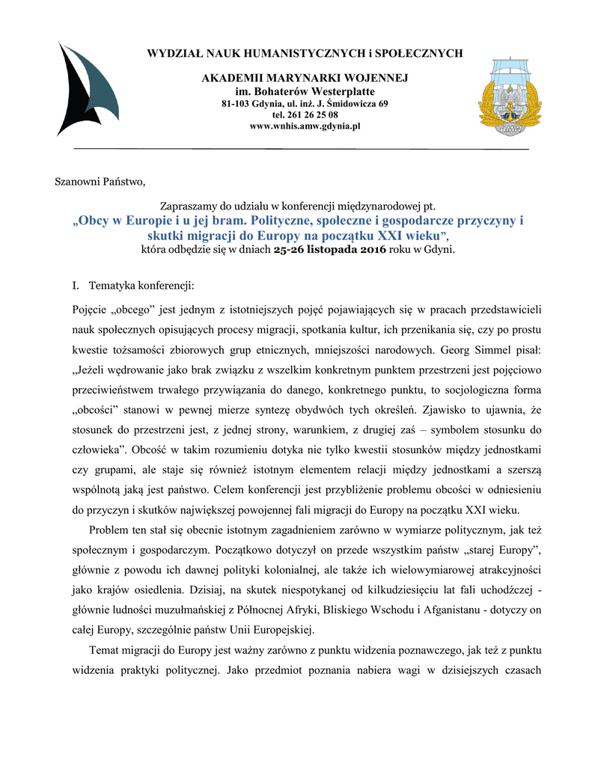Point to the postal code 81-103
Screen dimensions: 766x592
pos(236,102)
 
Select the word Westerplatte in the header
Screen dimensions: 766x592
pos(335,91)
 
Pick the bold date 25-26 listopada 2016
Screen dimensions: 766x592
pos(330,249)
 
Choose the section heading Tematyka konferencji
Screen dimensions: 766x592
pos(141,285)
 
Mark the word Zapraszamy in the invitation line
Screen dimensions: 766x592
pos(190,206)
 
